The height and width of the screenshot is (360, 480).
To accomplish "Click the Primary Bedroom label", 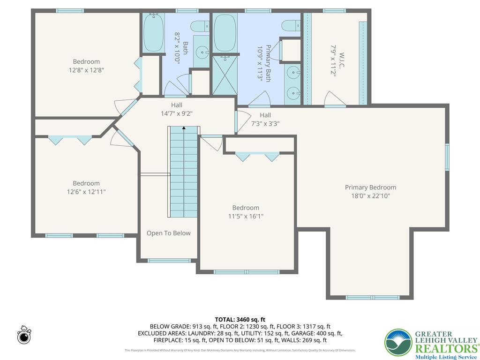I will point(370,187).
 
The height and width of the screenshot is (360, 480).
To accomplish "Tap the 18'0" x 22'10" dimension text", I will point(370,196).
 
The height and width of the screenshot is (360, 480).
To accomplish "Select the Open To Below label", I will point(168,233).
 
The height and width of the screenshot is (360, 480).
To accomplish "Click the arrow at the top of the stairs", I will point(184,127).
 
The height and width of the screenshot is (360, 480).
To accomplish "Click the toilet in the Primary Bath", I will point(291,25).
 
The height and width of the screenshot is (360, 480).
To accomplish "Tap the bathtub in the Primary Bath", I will point(225,32).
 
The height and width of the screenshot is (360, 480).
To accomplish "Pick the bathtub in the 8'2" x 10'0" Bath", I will point(153,33).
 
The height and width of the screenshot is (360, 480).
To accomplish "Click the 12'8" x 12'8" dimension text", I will point(86,70).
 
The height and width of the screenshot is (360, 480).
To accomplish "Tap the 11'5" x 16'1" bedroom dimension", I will point(245,216).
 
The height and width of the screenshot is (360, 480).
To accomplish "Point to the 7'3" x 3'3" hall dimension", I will point(265,124).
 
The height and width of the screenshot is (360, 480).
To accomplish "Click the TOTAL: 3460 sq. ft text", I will point(240,319).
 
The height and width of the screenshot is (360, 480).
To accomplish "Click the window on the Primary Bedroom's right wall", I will point(447,157).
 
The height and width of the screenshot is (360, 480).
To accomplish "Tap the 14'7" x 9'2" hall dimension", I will point(177,113).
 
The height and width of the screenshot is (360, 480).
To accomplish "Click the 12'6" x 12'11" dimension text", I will point(86,192).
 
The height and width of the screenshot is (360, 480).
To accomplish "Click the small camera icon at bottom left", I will point(24,336).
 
